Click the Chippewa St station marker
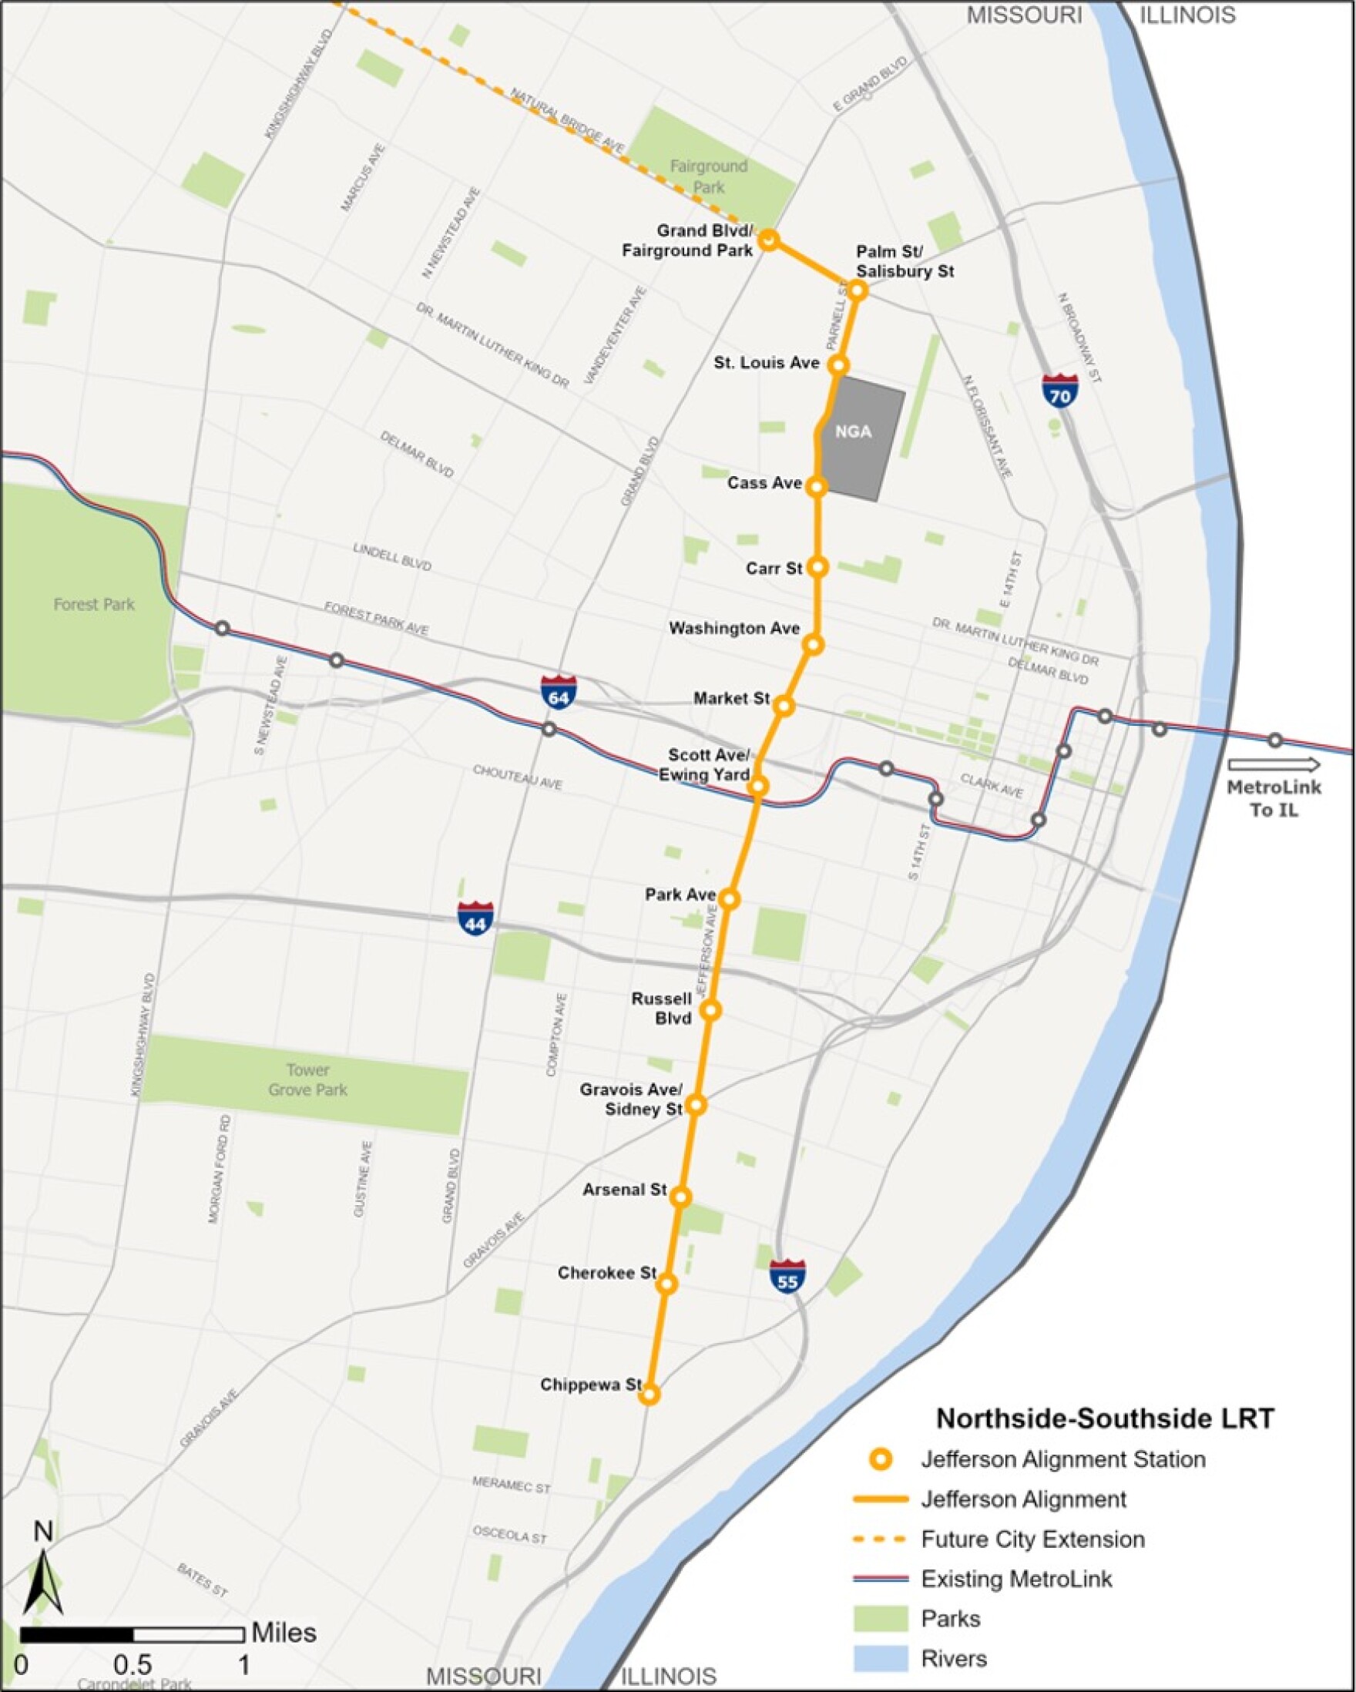click(649, 1394)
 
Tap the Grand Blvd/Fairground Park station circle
click(768, 240)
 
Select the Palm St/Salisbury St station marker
click(857, 290)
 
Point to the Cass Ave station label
click(764, 482)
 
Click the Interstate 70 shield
click(1059, 390)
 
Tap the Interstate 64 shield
click(559, 692)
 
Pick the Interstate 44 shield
click(475, 918)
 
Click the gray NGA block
click(859, 439)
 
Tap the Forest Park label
click(94, 604)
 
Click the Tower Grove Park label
click(307, 1079)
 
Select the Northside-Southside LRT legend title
click(1105, 1418)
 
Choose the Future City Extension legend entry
click(1032, 1539)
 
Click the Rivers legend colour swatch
click(881, 1659)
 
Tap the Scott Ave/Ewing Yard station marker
click(757, 786)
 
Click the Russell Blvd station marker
click(711, 1010)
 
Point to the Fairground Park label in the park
click(709, 176)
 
